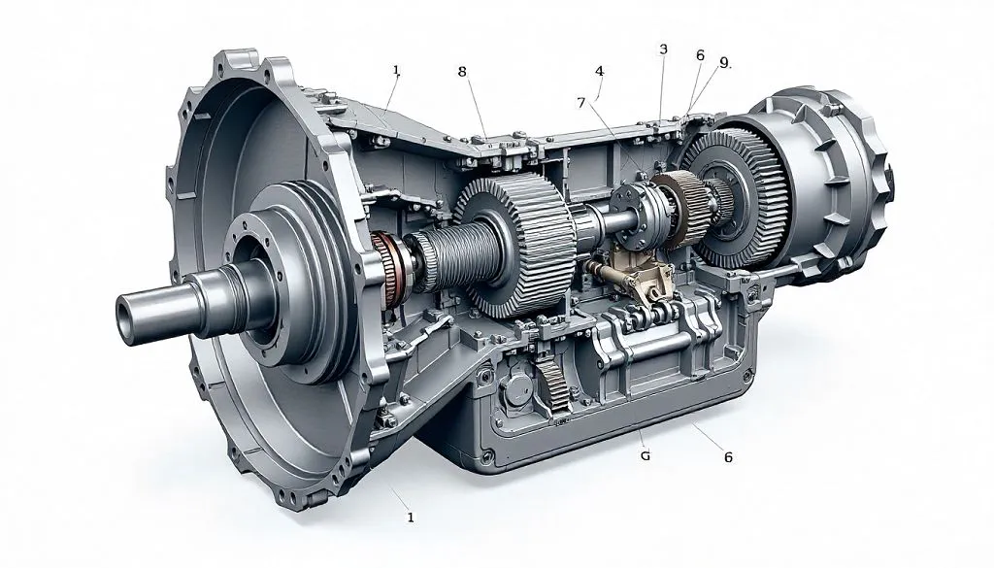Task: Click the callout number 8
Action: coord(462,72)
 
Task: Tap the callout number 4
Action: coord(600,71)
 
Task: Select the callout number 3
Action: coord(663,49)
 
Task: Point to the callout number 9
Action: coord(724,63)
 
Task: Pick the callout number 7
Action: coord(581,102)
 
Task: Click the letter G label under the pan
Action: coord(646,455)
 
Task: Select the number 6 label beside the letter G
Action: coord(728,457)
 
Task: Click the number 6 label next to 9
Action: coord(700,55)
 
